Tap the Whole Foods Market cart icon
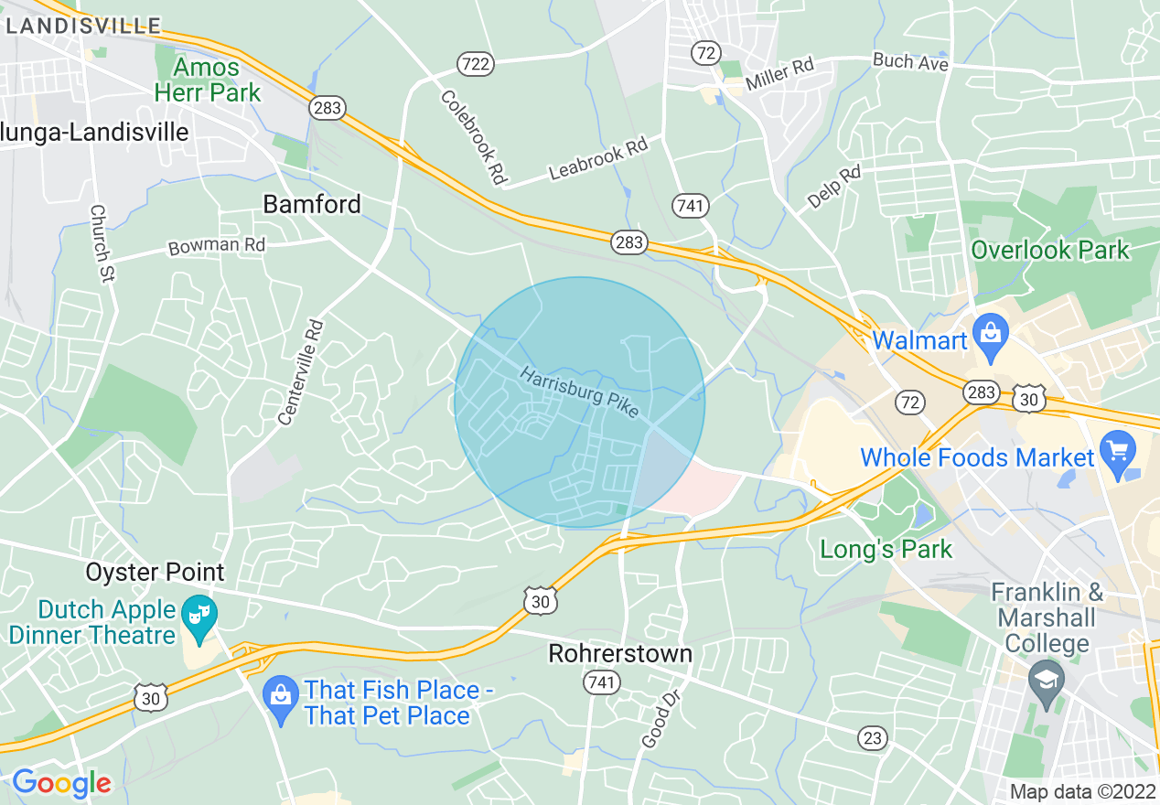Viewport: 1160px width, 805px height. [x=1117, y=451]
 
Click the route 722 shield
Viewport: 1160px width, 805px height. [x=476, y=64]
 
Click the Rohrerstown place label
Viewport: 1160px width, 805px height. [x=620, y=654]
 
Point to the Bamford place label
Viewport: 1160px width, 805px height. [x=312, y=204]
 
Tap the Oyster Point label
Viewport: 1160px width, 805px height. [x=155, y=573]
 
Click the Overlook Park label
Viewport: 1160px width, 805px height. [x=1050, y=250]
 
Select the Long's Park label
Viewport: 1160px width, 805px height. [x=886, y=549]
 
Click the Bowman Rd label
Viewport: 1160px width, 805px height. [x=217, y=246]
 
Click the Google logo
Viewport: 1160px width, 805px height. [x=61, y=783]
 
